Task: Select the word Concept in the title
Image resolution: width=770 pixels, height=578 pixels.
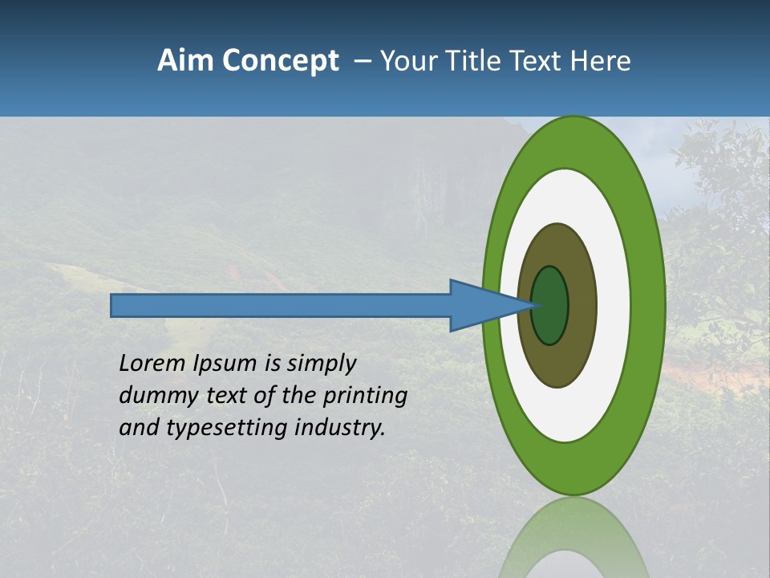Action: point(280,62)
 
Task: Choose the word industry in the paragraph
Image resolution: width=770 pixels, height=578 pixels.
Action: point(340,428)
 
